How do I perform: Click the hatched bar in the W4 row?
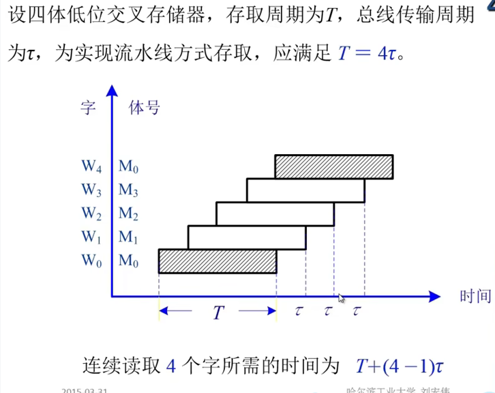334,166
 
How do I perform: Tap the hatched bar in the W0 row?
217,261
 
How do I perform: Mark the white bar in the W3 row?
305,190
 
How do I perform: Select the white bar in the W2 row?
275,214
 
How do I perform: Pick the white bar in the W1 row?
247,237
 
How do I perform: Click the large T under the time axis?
218,313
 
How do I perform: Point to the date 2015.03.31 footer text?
85,390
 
